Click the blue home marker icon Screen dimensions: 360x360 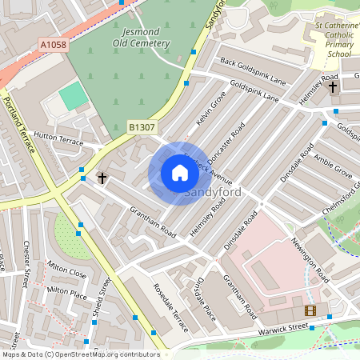(179, 173)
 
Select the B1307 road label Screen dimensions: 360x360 (142, 126)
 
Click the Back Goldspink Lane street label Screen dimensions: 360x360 (253, 72)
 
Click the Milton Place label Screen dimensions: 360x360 (66, 291)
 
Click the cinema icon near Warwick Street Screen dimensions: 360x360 (310, 310)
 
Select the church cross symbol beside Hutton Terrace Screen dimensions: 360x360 (102, 177)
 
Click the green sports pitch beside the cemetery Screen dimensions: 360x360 (73, 97)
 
